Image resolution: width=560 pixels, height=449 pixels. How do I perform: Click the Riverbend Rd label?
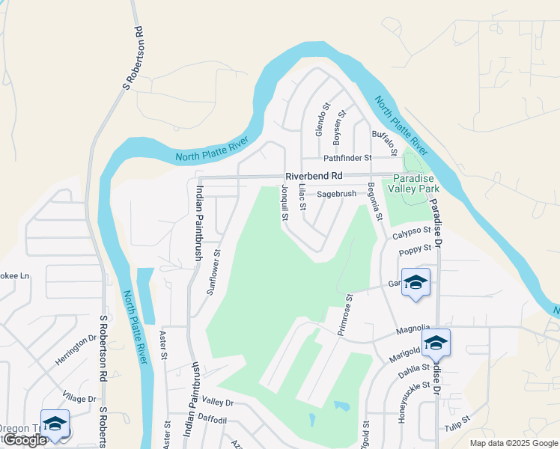[313, 176]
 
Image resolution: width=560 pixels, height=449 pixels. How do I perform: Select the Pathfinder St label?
[347, 158]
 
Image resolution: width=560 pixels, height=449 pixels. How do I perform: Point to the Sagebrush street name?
[335, 194]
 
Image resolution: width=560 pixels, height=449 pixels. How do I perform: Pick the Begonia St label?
[374, 203]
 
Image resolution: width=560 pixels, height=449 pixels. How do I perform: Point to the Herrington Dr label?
[76, 349]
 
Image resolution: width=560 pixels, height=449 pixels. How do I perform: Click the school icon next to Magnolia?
[436, 343]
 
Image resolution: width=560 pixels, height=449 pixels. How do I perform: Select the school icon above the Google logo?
[54, 424]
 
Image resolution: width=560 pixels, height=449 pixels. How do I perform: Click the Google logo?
[25, 440]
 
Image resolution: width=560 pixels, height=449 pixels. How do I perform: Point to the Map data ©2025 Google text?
[513, 443]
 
